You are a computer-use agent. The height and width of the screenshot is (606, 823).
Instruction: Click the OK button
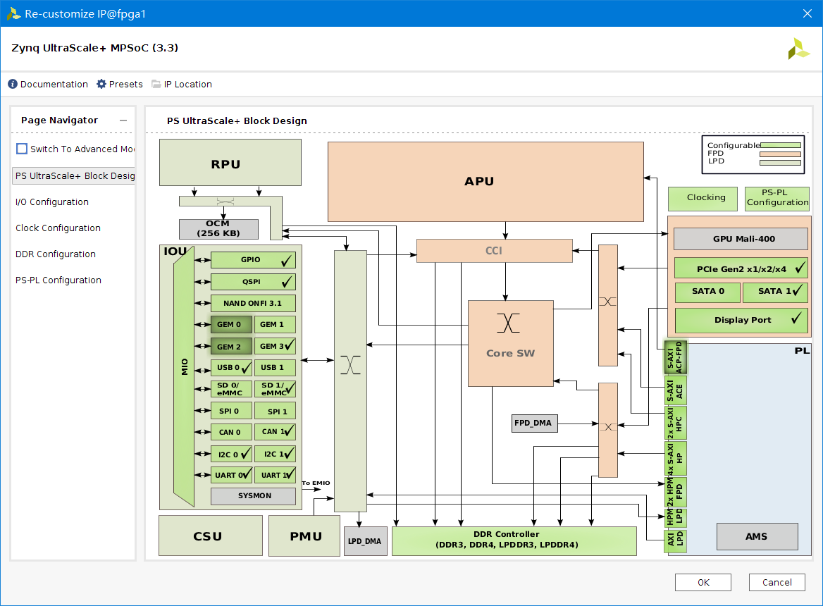[703, 582]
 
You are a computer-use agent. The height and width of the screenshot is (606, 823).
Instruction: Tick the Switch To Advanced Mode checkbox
[22, 149]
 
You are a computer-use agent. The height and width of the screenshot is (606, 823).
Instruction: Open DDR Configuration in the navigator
[56, 254]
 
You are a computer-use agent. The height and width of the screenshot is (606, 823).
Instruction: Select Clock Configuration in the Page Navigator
[58, 228]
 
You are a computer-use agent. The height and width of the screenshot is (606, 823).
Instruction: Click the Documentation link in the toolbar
[48, 84]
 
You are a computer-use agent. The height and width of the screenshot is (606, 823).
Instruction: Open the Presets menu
[120, 84]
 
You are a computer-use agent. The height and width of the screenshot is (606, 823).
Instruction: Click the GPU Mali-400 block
[740, 239]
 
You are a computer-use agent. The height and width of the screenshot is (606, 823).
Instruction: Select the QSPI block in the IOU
[252, 282]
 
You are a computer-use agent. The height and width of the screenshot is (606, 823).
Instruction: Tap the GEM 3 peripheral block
[274, 346]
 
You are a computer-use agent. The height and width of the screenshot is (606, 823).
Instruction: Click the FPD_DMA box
[534, 423]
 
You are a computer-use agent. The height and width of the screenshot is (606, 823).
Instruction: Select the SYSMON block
[253, 496]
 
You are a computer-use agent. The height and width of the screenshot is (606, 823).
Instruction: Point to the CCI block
[494, 251]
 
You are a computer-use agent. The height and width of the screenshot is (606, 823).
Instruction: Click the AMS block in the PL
[757, 537]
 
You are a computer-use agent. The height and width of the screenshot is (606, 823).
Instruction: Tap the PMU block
[305, 536]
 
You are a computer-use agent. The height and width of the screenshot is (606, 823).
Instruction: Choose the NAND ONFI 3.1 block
[252, 303]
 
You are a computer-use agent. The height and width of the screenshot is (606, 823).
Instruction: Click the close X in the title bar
[807, 13]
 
